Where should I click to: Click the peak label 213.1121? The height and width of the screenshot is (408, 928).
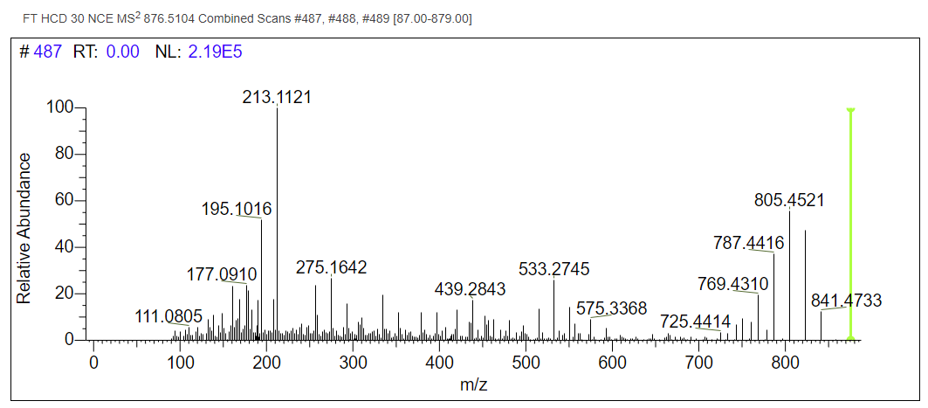(x=277, y=97)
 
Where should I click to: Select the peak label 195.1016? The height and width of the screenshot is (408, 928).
(x=237, y=210)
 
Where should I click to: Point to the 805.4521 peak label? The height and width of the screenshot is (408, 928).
(x=789, y=201)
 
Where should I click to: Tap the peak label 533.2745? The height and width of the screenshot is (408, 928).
(x=553, y=268)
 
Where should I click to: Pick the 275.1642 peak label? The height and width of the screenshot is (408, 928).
(x=332, y=267)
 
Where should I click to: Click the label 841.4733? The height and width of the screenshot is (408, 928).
(x=846, y=301)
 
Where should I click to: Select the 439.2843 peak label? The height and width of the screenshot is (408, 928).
(x=470, y=290)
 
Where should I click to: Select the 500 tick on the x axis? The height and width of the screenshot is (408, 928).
(x=526, y=362)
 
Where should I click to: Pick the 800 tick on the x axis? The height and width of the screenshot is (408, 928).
(x=698, y=362)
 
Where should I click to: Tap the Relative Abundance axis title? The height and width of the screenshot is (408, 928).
(x=24, y=229)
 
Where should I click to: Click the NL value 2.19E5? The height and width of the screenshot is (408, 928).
(x=215, y=52)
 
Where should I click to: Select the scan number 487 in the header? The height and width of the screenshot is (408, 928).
(x=47, y=52)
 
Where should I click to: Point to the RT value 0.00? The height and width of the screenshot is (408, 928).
(x=122, y=52)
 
